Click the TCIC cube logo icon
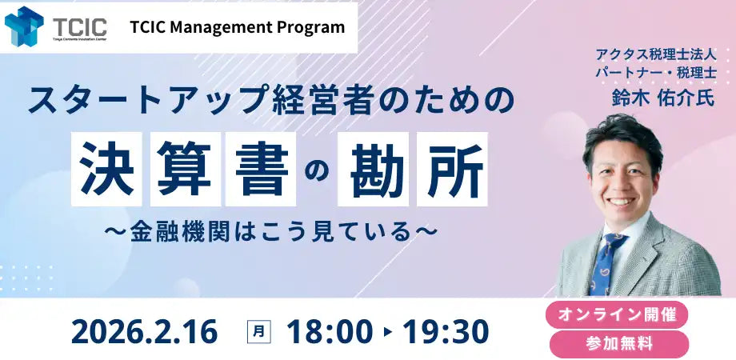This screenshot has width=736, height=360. [24, 26]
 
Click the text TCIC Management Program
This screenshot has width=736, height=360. [237, 27]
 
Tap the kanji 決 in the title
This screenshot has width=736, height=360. [106, 168]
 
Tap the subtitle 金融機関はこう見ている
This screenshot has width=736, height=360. [271, 229]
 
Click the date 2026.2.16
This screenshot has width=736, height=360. [144, 330]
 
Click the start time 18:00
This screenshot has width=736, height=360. [329, 330]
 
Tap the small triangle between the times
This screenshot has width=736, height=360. [388, 331]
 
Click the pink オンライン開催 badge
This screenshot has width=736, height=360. [617, 314]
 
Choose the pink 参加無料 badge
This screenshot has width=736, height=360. [617, 344]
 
